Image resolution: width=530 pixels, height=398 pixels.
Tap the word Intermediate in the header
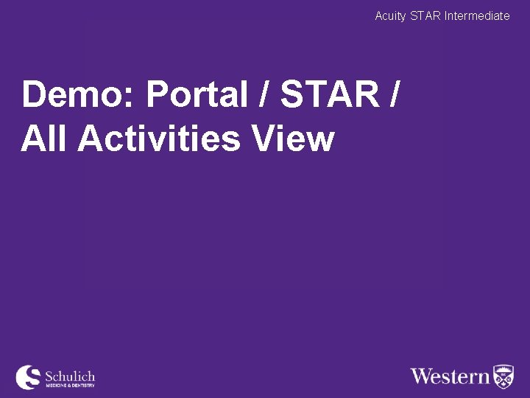tap(477, 15)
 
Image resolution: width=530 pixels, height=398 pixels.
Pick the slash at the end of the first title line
tap(398, 96)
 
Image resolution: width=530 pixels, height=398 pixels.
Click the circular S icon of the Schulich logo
tap(29, 377)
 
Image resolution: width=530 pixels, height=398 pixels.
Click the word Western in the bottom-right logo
tap(450, 377)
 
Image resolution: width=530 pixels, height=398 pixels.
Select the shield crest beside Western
tap(504, 376)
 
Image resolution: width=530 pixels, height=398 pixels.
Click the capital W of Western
tap(423, 377)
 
